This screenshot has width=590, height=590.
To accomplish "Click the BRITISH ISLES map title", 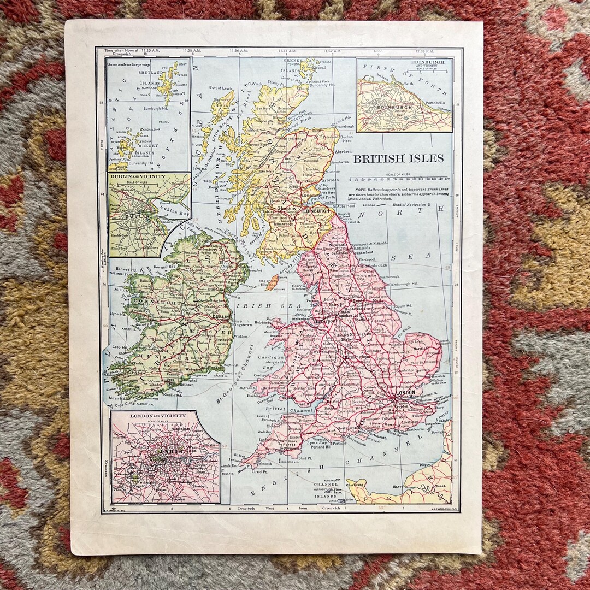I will [398, 158].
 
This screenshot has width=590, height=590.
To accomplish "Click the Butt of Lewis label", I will [221, 88].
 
